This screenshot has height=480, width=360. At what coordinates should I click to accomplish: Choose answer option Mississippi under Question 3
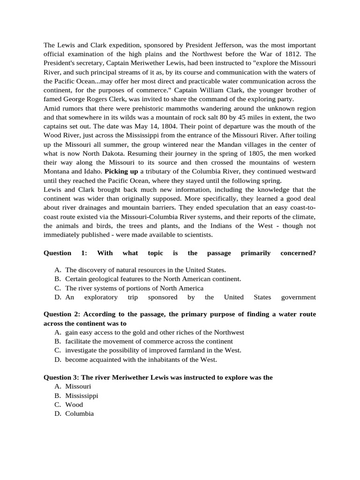[82, 395]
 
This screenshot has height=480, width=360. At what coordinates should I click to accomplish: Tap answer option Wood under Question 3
[74, 404]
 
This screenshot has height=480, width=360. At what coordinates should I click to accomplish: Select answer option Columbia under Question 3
[79, 413]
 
